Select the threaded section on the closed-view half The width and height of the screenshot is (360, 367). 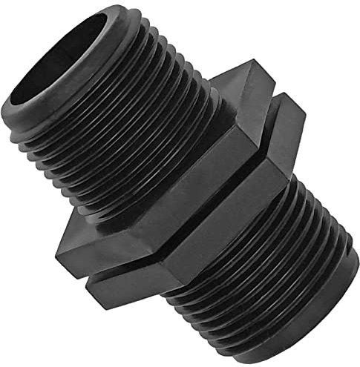(275, 267)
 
